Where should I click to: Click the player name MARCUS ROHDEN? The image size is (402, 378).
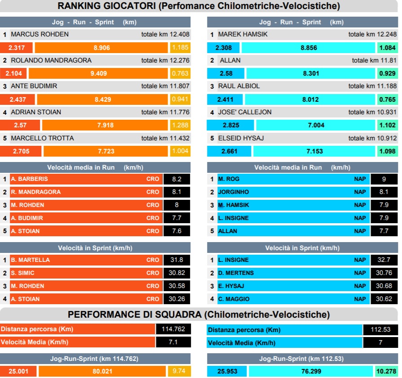[40, 34]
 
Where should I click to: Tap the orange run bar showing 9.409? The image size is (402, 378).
[98, 73]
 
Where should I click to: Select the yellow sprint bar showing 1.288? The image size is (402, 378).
[180, 125]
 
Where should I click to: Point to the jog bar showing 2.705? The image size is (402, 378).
[21, 151]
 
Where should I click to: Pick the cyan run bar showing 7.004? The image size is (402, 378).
[316, 125]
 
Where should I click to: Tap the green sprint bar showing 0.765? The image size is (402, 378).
[387, 99]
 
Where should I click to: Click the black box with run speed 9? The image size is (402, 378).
[383, 179]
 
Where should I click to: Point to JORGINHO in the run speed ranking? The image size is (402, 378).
[233, 192]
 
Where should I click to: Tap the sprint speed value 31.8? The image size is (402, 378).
[177, 260]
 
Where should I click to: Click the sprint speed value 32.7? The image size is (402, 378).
[383, 260]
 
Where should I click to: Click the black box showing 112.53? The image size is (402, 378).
[381, 330]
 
